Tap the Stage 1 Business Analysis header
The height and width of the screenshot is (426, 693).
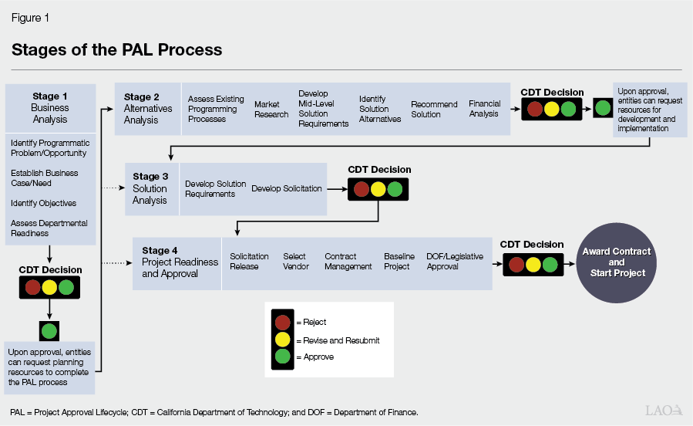point(50,108)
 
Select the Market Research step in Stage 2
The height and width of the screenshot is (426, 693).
point(271,109)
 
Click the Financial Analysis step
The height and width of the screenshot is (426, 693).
point(484,109)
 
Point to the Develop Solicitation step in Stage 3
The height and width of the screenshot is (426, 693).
point(287,189)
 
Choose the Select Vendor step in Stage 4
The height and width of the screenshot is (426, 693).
point(296,262)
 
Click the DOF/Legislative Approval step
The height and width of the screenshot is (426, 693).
point(455,262)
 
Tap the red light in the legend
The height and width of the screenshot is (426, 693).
point(283,322)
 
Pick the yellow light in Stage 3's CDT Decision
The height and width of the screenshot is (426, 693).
point(378,189)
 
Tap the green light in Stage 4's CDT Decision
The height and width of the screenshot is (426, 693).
point(549,265)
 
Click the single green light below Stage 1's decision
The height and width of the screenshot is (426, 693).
point(50,331)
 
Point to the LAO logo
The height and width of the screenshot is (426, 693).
point(663,411)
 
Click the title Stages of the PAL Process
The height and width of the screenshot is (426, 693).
point(116,50)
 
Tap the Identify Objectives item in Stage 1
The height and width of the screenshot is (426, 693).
point(44,204)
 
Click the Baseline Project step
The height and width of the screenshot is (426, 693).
point(399,262)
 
